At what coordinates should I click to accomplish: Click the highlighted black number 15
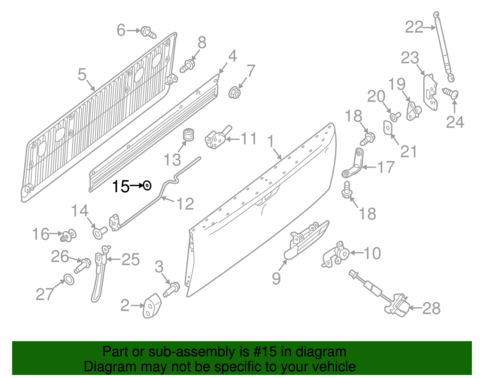click(120, 186)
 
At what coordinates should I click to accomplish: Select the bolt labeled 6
click(149, 32)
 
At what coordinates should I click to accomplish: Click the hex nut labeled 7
click(234, 92)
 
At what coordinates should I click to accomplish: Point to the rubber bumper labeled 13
click(189, 135)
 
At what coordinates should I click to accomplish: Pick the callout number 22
click(414, 28)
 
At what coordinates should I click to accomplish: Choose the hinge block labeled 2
click(152, 306)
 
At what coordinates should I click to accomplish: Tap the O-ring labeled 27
click(69, 279)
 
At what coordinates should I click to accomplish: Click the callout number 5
click(82, 74)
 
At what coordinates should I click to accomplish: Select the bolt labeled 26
click(83, 265)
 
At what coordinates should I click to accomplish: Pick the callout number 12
click(185, 204)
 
